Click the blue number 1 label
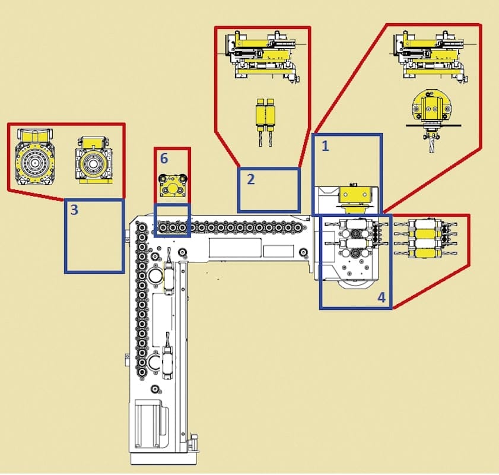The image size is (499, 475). pyautogui.click(x=325, y=146)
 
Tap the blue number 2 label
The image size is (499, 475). pyautogui.click(x=251, y=179)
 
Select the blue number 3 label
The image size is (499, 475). pyautogui.click(x=74, y=210)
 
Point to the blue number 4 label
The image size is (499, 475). pyautogui.click(x=382, y=297)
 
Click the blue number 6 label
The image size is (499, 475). pyautogui.click(x=164, y=158)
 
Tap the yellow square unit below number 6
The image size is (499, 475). pyautogui.click(x=172, y=186)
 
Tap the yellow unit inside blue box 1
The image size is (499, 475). pyautogui.click(x=355, y=195)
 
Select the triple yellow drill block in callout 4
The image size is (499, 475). pyautogui.click(x=428, y=237)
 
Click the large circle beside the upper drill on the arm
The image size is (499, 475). pyautogui.click(x=155, y=275)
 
